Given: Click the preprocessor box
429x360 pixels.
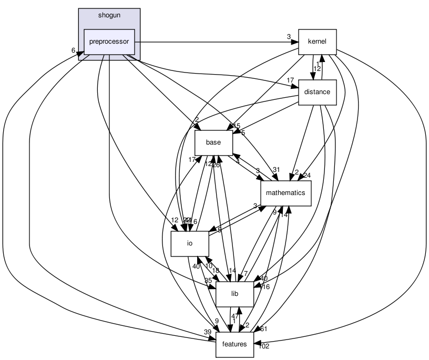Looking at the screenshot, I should (109, 42).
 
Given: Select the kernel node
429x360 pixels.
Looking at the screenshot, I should (317, 42).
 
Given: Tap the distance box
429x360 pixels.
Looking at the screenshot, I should (317, 92).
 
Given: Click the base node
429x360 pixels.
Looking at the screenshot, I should (213, 142).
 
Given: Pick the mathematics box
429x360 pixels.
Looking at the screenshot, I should (285, 193).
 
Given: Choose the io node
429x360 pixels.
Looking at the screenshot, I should (190, 243).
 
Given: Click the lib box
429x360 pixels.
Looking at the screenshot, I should (235, 293).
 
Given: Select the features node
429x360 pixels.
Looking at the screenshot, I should (234, 344).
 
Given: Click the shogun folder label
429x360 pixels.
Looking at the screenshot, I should (109, 15).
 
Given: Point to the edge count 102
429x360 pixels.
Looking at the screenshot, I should (264, 346).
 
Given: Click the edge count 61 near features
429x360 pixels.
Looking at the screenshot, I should (263, 329).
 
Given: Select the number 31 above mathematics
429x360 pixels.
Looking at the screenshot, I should (276, 169).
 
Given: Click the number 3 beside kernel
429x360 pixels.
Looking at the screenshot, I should (289, 37).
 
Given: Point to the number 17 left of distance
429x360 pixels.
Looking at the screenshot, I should (290, 80).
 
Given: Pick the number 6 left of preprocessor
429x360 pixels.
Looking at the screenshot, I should (74, 50).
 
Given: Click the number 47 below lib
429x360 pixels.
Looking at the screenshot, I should (235, 316).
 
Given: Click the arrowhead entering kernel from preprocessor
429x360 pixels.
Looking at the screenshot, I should (295, 42).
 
